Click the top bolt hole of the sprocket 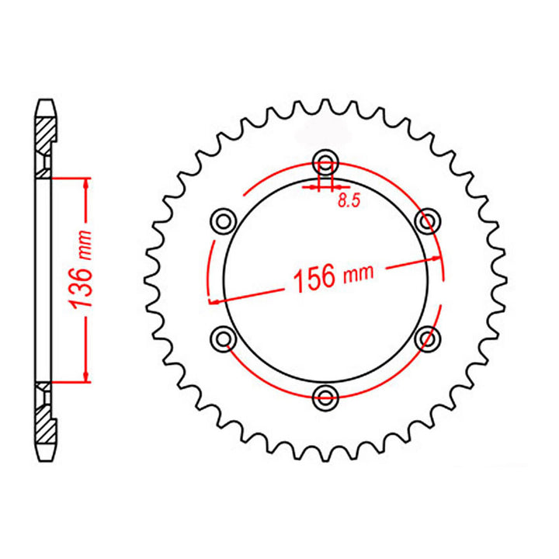[325, 162]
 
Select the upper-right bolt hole [425, 220]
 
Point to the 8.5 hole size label [349, 201]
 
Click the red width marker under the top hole [325, 186]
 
